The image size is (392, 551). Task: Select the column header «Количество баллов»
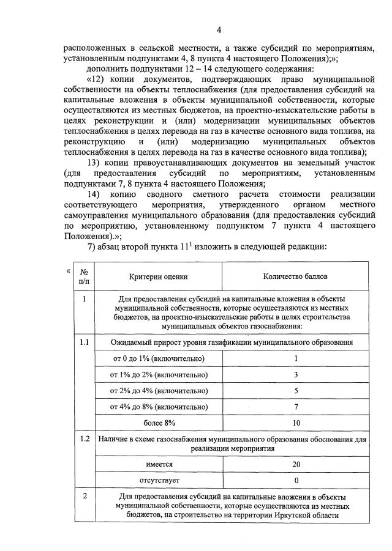click(296, 277)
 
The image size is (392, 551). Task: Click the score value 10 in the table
click(296, 423)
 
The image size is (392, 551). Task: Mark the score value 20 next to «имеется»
click(296, 464)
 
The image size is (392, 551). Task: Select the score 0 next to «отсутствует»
click(296, 480)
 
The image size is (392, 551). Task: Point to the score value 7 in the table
click(296, 407)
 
